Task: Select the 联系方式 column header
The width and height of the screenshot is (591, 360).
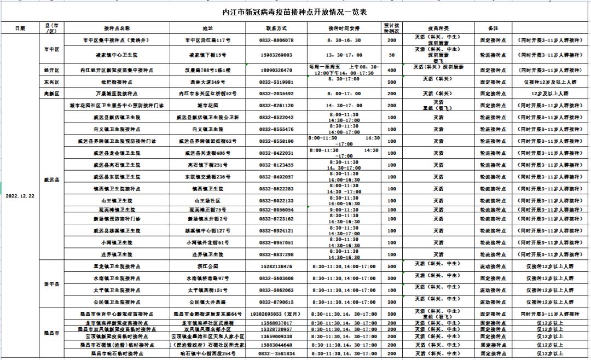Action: pos(276,28)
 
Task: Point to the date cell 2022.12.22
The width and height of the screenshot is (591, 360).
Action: pos(20,195)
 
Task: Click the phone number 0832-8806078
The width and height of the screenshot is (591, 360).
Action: pos(276,40)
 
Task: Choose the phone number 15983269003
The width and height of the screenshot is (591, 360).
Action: pos(276,55)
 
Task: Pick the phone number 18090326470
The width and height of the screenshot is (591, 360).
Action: pos(276,71)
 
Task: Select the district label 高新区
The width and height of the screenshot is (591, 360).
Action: pos(51,94)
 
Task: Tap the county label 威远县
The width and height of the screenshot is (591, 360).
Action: pos(51,179)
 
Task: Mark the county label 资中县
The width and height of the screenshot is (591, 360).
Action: pos(51,284)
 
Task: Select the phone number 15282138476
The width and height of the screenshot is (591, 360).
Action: pos(276,266)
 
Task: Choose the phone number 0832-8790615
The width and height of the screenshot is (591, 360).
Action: pos(276,302)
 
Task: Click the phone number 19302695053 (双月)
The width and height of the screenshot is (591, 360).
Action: pos(276,315)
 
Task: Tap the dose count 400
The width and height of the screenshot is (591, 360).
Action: pos(392,71)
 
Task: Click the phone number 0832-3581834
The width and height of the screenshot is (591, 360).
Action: pos(276,354)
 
